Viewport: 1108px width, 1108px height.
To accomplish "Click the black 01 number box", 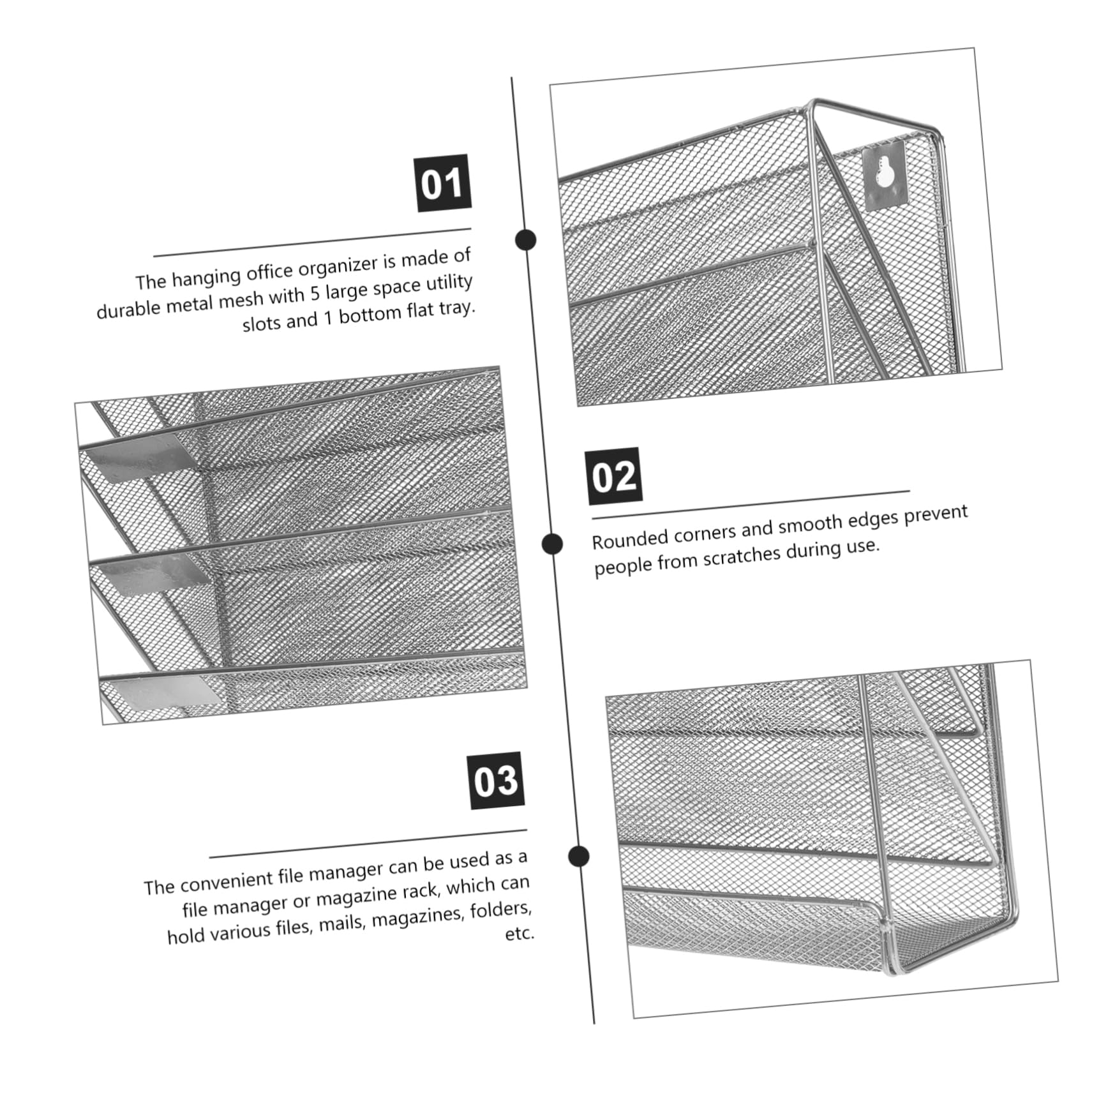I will point(444,183).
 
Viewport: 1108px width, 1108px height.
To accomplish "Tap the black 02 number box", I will point(614,476).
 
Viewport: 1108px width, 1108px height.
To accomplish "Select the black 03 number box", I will point(496,781).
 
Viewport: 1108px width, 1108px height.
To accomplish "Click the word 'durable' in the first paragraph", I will point(130,310).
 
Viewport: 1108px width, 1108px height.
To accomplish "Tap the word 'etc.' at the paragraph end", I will point(519,934).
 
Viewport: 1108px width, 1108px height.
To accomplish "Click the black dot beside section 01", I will point(526,240).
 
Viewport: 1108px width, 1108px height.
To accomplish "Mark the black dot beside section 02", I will point(552,544).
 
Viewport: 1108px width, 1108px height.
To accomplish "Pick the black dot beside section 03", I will point(579,856).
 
